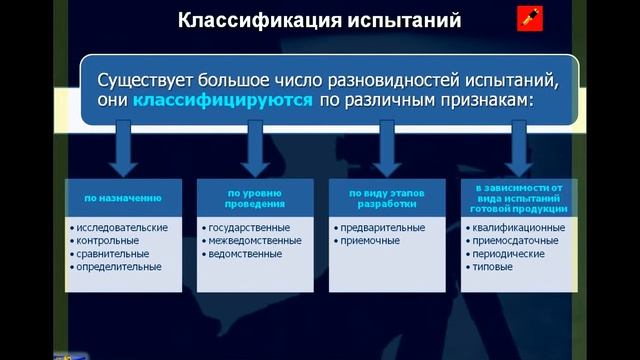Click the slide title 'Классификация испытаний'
319,19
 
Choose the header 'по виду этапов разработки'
381,197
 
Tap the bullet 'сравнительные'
112,254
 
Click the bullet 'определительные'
118,267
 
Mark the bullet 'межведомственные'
253,241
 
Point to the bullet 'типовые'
494,267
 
